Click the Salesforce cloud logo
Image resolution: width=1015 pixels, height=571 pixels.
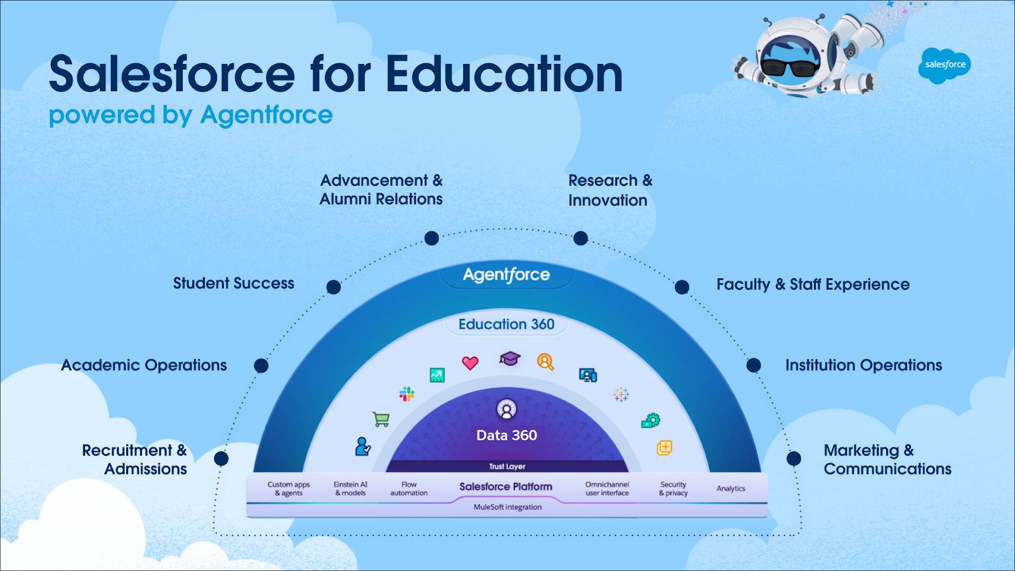point(945,65)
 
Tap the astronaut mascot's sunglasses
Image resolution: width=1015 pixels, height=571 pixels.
point(789,66)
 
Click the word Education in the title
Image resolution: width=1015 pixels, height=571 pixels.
point(504,75)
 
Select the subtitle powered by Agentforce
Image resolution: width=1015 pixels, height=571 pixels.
point(190,115)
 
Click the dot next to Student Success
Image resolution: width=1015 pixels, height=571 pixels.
point(334,287)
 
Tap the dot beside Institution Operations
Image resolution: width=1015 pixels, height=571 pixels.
point(754,365)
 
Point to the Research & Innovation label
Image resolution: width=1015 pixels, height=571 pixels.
point(610,190)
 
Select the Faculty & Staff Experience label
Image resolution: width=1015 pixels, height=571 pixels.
point(813,285)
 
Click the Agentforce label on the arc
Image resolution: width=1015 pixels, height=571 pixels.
point(506,275)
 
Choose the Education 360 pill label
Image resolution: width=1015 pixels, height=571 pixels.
point(506,324)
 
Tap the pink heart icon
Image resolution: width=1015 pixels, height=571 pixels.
point(470,363)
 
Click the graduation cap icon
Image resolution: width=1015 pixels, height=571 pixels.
point(509,359)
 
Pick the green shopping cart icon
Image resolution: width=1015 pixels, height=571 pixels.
point(381,419)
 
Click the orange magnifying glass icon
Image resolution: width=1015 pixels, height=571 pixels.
point(546,362)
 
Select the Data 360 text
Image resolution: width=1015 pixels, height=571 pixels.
point(506,435)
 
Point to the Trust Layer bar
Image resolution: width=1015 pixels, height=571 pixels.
point(507,466)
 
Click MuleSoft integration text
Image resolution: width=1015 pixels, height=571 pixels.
point(507,507)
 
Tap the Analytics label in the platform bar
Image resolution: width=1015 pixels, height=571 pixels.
point(731,489)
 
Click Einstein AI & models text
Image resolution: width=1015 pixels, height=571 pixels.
point(350,489)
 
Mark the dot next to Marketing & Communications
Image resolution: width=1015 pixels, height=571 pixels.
point(794,458)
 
